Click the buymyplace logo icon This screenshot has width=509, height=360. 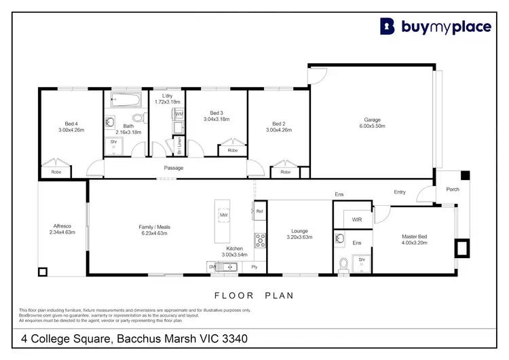(387, 26)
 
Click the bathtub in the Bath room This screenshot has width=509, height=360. (125, 101)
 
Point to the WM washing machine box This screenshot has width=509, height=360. (178, 114)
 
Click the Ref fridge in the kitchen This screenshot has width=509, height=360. (259, 211)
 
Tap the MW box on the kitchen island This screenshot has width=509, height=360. (223, 215)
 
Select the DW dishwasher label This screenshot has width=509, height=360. (212, 267)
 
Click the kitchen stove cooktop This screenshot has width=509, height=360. (259, 240)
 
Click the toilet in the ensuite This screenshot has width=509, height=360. (343, 262)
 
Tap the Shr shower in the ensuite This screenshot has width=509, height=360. (362, 260)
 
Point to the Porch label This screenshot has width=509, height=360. (452, 190)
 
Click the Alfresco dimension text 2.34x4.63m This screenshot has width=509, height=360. (62, 232)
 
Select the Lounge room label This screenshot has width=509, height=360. (300, 231)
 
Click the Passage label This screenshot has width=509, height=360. (174, 168)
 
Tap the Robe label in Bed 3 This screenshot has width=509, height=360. (232, 150)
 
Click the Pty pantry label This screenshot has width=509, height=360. (254, 267)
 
